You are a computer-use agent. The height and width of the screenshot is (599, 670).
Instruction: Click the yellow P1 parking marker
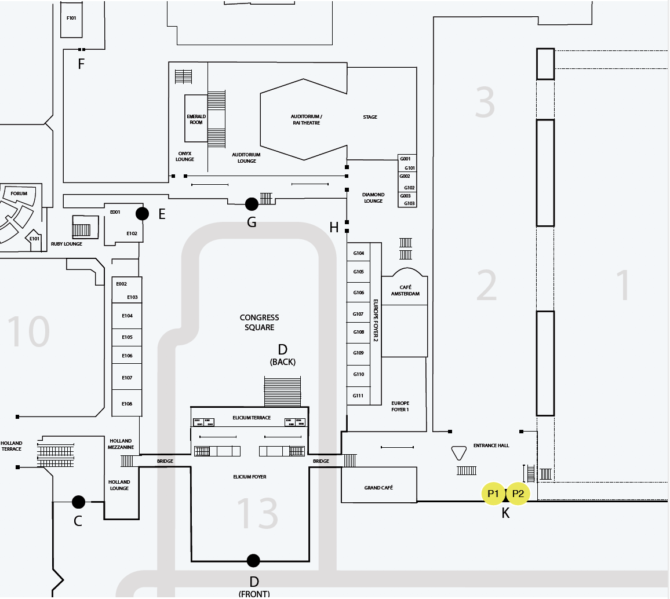(x=493, y=494)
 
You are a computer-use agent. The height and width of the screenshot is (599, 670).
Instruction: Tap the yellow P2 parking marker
(x=518, y=494)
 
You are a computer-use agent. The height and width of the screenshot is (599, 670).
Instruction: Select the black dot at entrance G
(x=252, y=204)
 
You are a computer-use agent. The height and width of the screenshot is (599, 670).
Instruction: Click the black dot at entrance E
(x=142, y=214)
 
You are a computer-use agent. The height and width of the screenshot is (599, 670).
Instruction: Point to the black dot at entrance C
(x=78, y=502)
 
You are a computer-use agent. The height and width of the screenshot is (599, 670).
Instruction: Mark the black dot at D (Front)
(x=253, y=560)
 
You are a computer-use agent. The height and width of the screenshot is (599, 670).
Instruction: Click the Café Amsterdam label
(x=405, y=291)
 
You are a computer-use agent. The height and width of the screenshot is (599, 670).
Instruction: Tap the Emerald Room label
(x=196, y=119)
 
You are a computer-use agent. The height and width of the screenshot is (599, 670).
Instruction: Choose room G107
(x=358, y=314)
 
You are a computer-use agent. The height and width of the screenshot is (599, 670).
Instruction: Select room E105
(x=127, y=337)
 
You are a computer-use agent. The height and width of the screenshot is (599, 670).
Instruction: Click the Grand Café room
(x=378, y=488)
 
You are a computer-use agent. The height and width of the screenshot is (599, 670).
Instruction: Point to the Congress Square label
(x=259, y=323)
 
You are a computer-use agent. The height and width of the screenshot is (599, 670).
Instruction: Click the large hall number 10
(x=28, y=333)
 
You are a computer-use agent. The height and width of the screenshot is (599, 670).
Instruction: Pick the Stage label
(x=370, y=117)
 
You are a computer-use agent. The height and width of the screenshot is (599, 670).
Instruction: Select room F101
(x=71, y=18)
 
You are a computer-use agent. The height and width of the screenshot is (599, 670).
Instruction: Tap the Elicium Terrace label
(x=252, y=418)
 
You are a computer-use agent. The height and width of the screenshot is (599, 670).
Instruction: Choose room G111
(x=358, y=396)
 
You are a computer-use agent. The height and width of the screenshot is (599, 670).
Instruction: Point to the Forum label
(x=19, y=193)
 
